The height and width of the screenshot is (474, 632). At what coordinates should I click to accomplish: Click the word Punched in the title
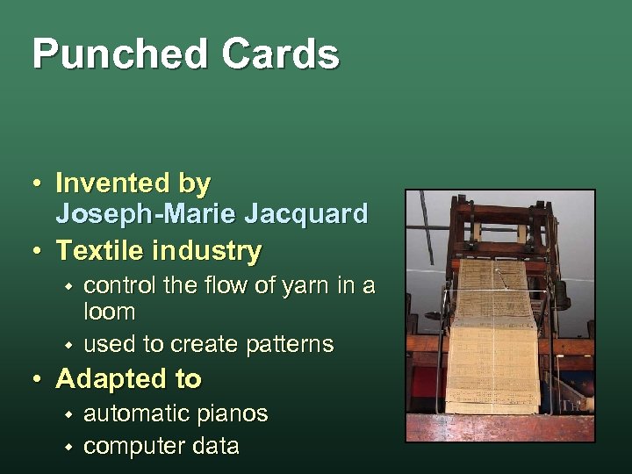pyautogui.click(x=118, y=54)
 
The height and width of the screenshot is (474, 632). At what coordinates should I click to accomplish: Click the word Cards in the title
pyautogui.click(x=280, y=54)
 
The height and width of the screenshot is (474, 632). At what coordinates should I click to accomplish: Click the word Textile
pyautogui.click(x=101, y=251)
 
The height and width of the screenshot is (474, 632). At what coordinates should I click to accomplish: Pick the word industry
pyautogui.click(x=207, y=251)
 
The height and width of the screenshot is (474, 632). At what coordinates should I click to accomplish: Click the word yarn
pyautogui.click(x=296, y=285)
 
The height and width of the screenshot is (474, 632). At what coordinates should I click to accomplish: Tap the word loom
pyautogui.click(x=109, y=312)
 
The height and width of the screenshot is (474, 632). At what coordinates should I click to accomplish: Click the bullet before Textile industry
pyautogui.click(x=37, y=252)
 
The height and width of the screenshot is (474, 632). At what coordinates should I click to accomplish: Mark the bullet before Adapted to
pyautogui.click(x=37, y=380)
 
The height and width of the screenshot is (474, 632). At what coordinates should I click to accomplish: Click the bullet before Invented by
pyautogui.click(x=37, y=184)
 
